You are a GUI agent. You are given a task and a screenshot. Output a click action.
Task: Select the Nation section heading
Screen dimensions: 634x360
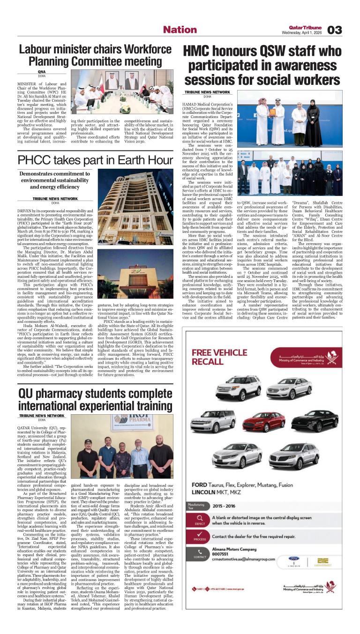pos(180,30)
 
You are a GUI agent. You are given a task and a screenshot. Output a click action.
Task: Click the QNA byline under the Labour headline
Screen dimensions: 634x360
pos(29,72)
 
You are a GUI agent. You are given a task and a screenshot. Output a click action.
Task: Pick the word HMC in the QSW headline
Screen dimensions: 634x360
pos(199,51)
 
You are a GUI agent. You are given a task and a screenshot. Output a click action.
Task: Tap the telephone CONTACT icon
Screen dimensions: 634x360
pos(201,553)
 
